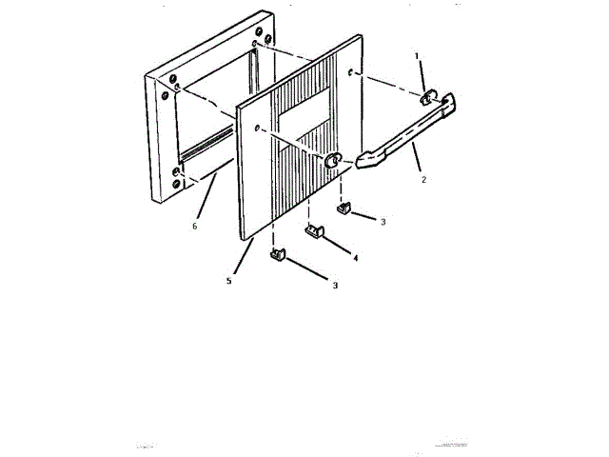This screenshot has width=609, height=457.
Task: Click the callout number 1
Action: [x=416, y=56]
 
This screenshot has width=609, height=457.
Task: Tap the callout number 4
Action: [x=355, y=257]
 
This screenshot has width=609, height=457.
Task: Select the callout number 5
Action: [x=228, y=281]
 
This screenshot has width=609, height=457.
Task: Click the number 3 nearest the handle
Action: [x=383, y=221]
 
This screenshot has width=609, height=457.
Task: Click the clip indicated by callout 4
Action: [x=315, y=229]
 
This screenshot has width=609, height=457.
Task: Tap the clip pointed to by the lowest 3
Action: [x=279, y=254]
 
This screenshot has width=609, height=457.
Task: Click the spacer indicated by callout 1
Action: [x=428, y=96]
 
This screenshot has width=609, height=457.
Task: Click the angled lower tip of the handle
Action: [x=366, y=159]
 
